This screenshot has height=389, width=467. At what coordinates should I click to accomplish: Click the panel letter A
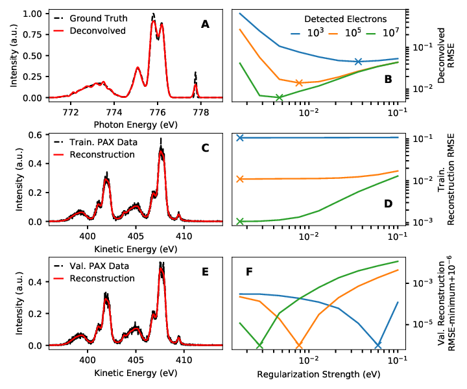click(205, 24)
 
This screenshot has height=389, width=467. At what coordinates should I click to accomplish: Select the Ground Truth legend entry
click(91, 18)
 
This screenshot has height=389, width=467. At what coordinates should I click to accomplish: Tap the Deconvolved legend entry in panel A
click(90, 30)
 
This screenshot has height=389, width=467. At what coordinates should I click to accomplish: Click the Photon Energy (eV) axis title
click(136, 124)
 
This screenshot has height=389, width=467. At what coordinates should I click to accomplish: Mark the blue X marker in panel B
click(358, 62)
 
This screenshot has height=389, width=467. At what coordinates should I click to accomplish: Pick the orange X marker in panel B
click(299, 83)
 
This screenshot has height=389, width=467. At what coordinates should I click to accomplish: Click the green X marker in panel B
click(279, 97)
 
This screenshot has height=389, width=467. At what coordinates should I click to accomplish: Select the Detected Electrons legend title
click(346, 19)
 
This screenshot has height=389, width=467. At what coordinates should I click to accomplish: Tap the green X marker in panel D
click(240, 221)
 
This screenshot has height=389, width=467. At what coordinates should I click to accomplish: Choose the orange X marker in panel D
click(240, 179)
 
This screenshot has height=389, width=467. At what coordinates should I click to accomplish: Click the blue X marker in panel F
click(378, 346)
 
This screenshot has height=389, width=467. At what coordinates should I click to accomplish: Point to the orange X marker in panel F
click(299, 346)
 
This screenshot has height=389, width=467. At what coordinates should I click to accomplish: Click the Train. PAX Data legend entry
click(95, 142)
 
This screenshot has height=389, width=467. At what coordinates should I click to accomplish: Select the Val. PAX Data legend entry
click(91, 266)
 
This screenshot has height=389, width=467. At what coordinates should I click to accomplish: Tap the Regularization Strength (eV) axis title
click(318, 374)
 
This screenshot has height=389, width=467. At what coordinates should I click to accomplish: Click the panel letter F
click(249, 272)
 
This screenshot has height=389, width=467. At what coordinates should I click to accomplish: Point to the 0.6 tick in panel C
click(37, 135)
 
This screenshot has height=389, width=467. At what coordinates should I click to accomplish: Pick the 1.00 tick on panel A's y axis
click(34, 14)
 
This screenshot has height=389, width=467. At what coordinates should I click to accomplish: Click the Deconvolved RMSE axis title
click(446, 56)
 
